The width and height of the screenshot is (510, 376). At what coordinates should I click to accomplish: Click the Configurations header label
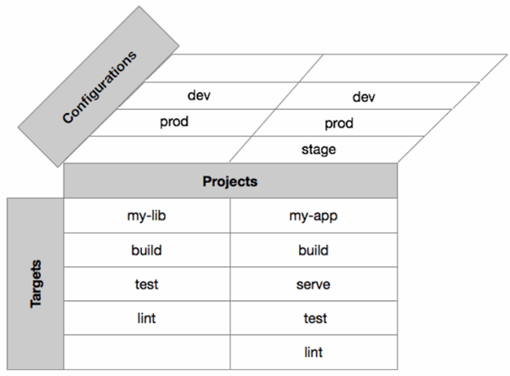click(x=99, y=87)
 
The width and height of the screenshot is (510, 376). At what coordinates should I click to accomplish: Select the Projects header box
click(x=230, y=180)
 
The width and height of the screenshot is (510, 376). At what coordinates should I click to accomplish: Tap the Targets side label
click(x=36, y=283)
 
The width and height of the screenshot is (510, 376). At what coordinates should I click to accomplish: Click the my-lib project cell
click(x=147, y=215)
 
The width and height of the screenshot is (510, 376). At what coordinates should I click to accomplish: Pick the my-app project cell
click(x=314, y=215)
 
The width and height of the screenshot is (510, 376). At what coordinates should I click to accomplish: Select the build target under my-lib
click(x=147, y=250)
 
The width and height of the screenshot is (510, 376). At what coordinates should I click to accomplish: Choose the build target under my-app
click(x=314, y=250)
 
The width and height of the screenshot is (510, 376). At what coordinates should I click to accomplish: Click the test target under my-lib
click(x=147, y=284)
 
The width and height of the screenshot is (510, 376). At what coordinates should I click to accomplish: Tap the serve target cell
click(x=314, y=284)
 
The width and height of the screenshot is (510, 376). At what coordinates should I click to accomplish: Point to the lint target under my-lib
click(x=147, y=318)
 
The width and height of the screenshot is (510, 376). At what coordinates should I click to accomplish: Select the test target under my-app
click(x=314, y=318)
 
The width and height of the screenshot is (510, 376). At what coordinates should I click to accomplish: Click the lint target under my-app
click(x=314, y=352)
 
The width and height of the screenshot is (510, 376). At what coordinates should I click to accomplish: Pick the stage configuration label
click(x=319, y=150)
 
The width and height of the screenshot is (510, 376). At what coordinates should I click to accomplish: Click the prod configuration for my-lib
click(x=174, y=122)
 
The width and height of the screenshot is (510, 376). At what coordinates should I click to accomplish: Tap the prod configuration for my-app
click(x=339, y=123)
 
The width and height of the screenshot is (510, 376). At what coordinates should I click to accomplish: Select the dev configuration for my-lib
click(x=199, y=95)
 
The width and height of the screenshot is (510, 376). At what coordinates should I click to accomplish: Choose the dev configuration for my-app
click(x=364, y=97)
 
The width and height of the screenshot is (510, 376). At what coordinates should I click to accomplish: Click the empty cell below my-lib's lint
click(x=147, y=352)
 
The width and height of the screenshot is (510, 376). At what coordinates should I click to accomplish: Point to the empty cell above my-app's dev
click(x=403, y=68)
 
